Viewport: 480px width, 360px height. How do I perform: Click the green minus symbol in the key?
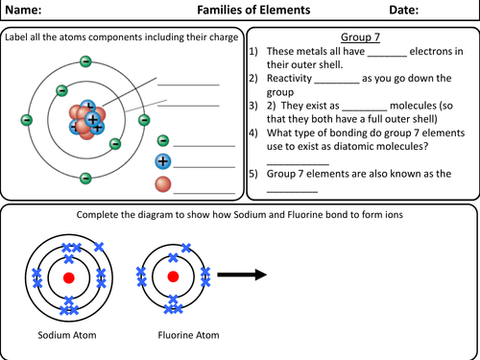pos(163,141)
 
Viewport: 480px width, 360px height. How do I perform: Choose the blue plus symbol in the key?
pos(163,161)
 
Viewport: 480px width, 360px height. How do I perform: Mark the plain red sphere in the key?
pos(163,182)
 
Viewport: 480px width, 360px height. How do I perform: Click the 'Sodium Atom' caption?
pos(68,337)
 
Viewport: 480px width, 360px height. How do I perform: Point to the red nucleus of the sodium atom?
pos(68,276)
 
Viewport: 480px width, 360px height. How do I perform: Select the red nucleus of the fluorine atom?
pos(173,276)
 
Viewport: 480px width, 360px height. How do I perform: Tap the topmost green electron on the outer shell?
pos(85,61)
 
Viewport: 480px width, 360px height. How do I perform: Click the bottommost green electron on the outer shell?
pos(85,178)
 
